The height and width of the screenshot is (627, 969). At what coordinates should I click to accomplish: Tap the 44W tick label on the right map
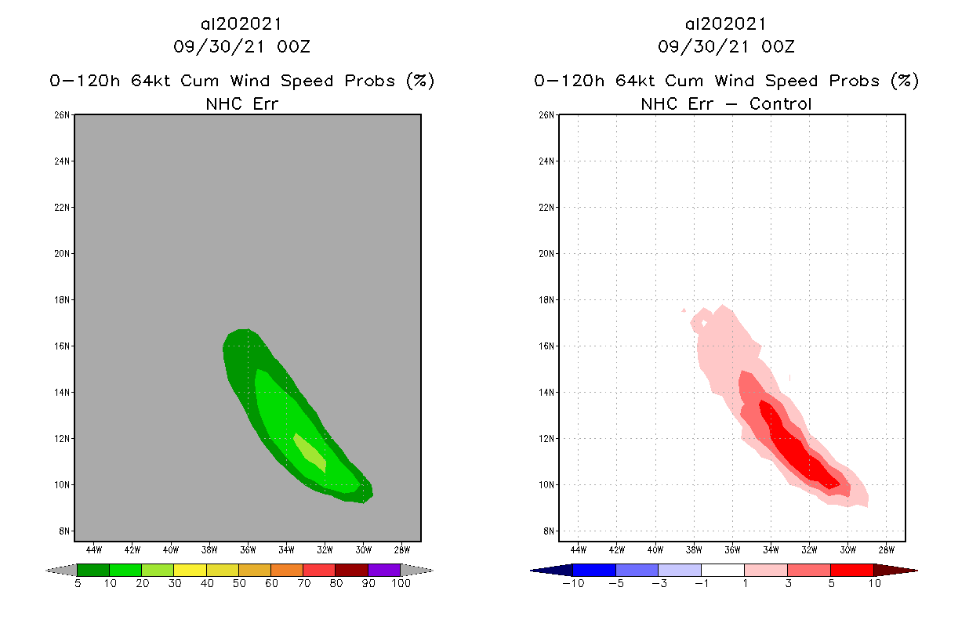coord(578,549)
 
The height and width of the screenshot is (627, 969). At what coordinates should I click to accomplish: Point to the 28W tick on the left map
coord(401,549)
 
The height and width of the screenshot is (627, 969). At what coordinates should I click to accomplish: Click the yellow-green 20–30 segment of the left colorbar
coord(158,570)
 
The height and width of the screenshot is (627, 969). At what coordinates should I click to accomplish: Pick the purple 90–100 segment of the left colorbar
coord(384,570)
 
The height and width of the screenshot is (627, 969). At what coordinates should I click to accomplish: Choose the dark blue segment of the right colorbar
coord(594,570)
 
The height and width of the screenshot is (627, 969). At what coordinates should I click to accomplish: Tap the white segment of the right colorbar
coord(722,570)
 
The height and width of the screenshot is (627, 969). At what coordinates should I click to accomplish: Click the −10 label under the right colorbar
coord(572,583)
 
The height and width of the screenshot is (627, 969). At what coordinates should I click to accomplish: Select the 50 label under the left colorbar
coord(238,583)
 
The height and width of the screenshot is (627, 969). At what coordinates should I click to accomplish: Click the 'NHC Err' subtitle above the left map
coord(241,103)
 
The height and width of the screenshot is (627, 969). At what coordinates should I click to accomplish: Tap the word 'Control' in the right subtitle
coord(780,103)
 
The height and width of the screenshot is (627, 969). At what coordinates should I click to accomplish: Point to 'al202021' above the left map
coord(241,24)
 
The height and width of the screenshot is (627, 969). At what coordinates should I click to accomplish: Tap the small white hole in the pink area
coord(704,322)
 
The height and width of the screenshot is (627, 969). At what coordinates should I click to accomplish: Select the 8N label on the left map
coord(65,531)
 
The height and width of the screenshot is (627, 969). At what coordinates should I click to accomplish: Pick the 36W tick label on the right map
coord(732,549)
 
